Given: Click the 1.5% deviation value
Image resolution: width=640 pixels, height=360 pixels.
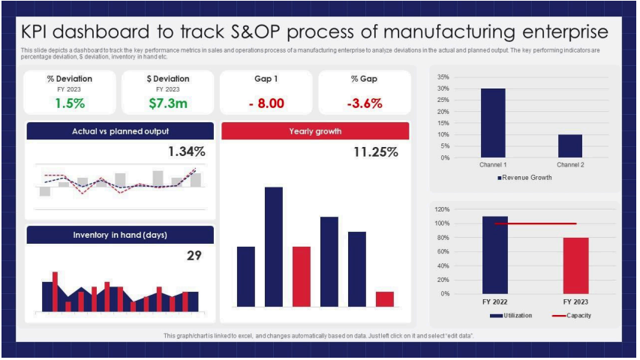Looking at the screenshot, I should pyautogui.click(x=70, y=103).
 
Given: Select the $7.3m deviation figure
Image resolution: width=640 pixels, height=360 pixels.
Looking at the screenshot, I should pyautogui.click(x=167, y=103).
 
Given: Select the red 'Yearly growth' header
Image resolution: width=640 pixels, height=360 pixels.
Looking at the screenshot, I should pyautogui.click(x=315, y=131).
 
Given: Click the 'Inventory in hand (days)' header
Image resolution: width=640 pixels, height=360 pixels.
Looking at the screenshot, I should pyautogui.click(x=120, y=235).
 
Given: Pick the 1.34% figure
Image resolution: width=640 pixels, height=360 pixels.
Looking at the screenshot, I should pyautogui.click(x=186, y=151).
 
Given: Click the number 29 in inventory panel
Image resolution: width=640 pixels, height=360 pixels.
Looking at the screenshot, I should pyautogui.click(x=194, y=256).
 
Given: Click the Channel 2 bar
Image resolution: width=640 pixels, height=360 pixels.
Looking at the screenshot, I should pyautogui.click(x=570, y=146).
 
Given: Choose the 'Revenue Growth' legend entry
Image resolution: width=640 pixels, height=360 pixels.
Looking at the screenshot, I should pyautogui.click(x=524, y=178).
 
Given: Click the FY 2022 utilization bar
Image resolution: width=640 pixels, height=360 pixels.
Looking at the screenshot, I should pyautogui.click(x=494, y=255).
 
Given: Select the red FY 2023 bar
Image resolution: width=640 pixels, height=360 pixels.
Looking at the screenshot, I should pyautogui.click(x=575, y=265).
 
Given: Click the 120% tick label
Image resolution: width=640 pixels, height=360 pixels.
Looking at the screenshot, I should pyautogui.click(x=440, y=209).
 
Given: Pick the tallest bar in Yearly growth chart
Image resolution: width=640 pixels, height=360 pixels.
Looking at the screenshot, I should pyautogui.click(x=273, y=247).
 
